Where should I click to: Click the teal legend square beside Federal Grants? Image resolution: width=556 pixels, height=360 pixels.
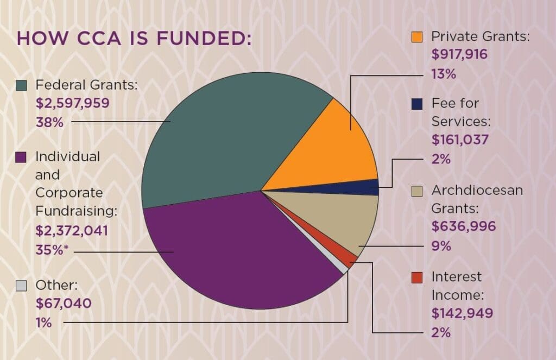(21, 85)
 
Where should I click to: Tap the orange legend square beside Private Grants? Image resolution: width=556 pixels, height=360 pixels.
(417, 37)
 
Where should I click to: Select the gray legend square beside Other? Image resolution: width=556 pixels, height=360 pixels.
(21, 285)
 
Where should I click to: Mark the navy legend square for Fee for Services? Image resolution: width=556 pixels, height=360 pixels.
(417, 103)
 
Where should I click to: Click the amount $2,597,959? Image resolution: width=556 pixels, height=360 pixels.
(73, 103)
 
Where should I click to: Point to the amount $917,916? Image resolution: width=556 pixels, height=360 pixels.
(459, 54)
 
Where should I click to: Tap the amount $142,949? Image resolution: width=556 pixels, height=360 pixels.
(462, 313)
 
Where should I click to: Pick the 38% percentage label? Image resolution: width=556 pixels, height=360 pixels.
(49, 122)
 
